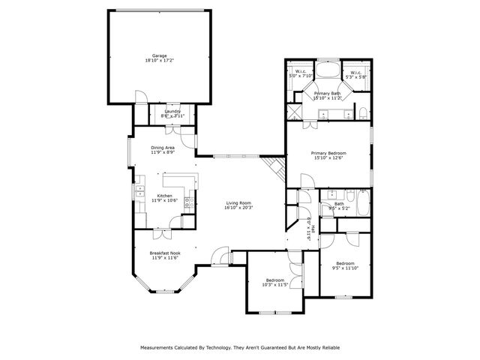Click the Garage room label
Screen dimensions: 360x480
coord(159,55)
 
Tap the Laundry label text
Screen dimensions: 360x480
coord(172,111)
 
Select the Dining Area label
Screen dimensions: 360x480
coord(163,148)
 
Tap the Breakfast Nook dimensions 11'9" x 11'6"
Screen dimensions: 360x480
coord(165,258)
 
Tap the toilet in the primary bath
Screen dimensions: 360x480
coord(363,112)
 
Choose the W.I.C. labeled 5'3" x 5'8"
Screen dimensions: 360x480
coord(355,74)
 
